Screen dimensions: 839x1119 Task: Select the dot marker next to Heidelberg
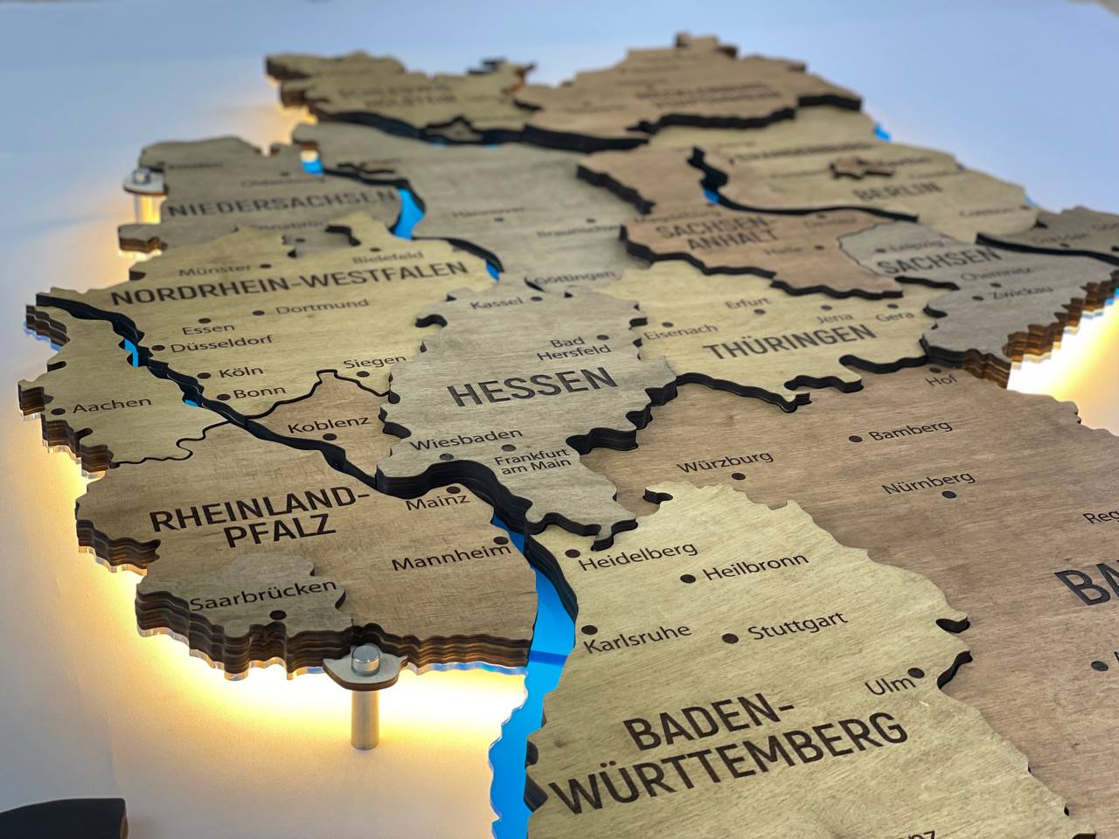point(573,554)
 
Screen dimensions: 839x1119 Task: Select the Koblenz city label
point(328,426)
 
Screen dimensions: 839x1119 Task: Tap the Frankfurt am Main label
point(532,459)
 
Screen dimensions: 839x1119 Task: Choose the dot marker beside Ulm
point(914,673)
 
